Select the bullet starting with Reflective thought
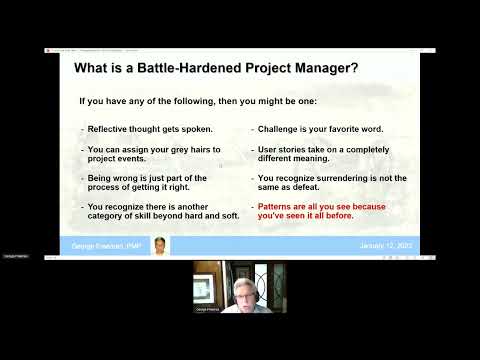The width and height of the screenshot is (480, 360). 150,129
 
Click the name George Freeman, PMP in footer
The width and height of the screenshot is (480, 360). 109,245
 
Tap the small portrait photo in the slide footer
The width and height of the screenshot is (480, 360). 160,245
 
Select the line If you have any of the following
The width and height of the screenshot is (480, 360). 160,101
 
